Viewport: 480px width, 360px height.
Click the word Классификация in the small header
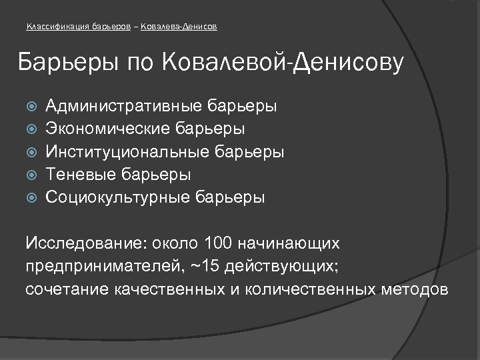pyautogui.click(x=53, y=27)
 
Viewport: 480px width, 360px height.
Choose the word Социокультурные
pyautogui.click(x=117, y=198)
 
